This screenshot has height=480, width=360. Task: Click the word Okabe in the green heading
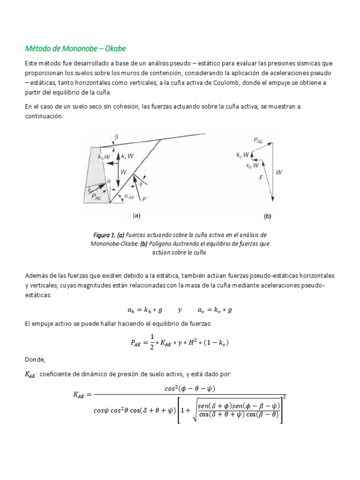coord(113,49)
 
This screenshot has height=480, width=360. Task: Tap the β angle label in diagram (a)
coord(117,137)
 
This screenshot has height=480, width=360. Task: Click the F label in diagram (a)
coord(144,199)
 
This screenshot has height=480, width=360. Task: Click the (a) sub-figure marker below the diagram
coord(136,216)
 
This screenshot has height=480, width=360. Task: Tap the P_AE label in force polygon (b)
coord(258,139)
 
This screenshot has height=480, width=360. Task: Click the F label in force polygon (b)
coord(261,178)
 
